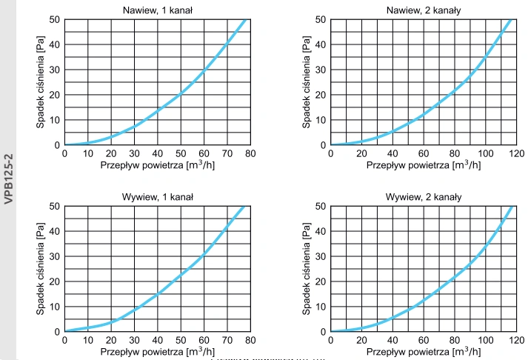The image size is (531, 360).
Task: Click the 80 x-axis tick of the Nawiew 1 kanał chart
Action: pos(250,153)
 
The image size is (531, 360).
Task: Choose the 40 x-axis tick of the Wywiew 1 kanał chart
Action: pos(157,340)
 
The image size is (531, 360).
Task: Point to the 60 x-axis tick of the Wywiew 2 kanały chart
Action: pos(423,340)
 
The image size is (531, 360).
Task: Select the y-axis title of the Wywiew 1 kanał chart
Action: pos(41,268)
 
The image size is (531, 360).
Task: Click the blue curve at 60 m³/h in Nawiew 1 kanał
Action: pos(204,70)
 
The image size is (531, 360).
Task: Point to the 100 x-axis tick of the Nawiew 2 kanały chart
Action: pos(484,153)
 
